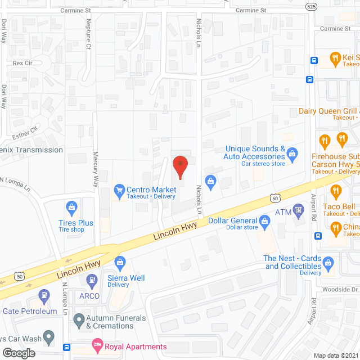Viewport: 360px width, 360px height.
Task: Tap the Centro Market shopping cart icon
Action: pos(119,190)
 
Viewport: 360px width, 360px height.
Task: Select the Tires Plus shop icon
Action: pos(71,208)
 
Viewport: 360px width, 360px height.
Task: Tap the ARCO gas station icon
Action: pos(43,295)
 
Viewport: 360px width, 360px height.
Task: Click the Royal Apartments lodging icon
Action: pos(97,343)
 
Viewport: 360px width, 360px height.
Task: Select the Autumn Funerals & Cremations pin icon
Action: pos(79,321)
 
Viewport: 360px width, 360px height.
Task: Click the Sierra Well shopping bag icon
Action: pos(120,262)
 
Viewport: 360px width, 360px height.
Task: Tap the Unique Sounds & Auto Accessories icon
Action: pos(292,152)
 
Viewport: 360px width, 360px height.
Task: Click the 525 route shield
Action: pos(312,6)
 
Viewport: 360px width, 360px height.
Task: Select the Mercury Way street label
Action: pos(95,168)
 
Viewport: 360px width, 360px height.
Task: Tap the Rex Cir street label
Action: pos(24,64)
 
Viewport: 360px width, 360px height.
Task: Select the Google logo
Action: pos(19,353)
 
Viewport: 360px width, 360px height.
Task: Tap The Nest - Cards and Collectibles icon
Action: pos(329,262)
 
